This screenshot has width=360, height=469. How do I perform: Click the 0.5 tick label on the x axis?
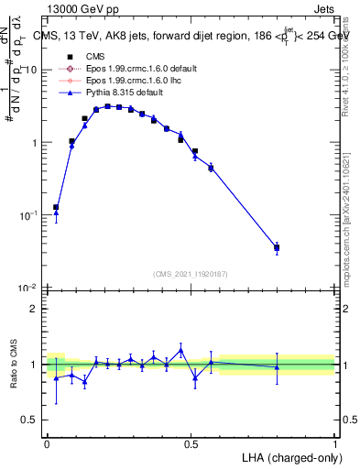pos(191,443)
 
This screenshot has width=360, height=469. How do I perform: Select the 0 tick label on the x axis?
pos(47,443)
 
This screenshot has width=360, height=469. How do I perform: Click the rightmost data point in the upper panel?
pos(277,247)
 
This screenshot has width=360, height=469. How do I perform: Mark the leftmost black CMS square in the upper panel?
pos(56,207)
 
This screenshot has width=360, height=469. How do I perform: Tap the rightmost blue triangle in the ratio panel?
pos(277,366)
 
